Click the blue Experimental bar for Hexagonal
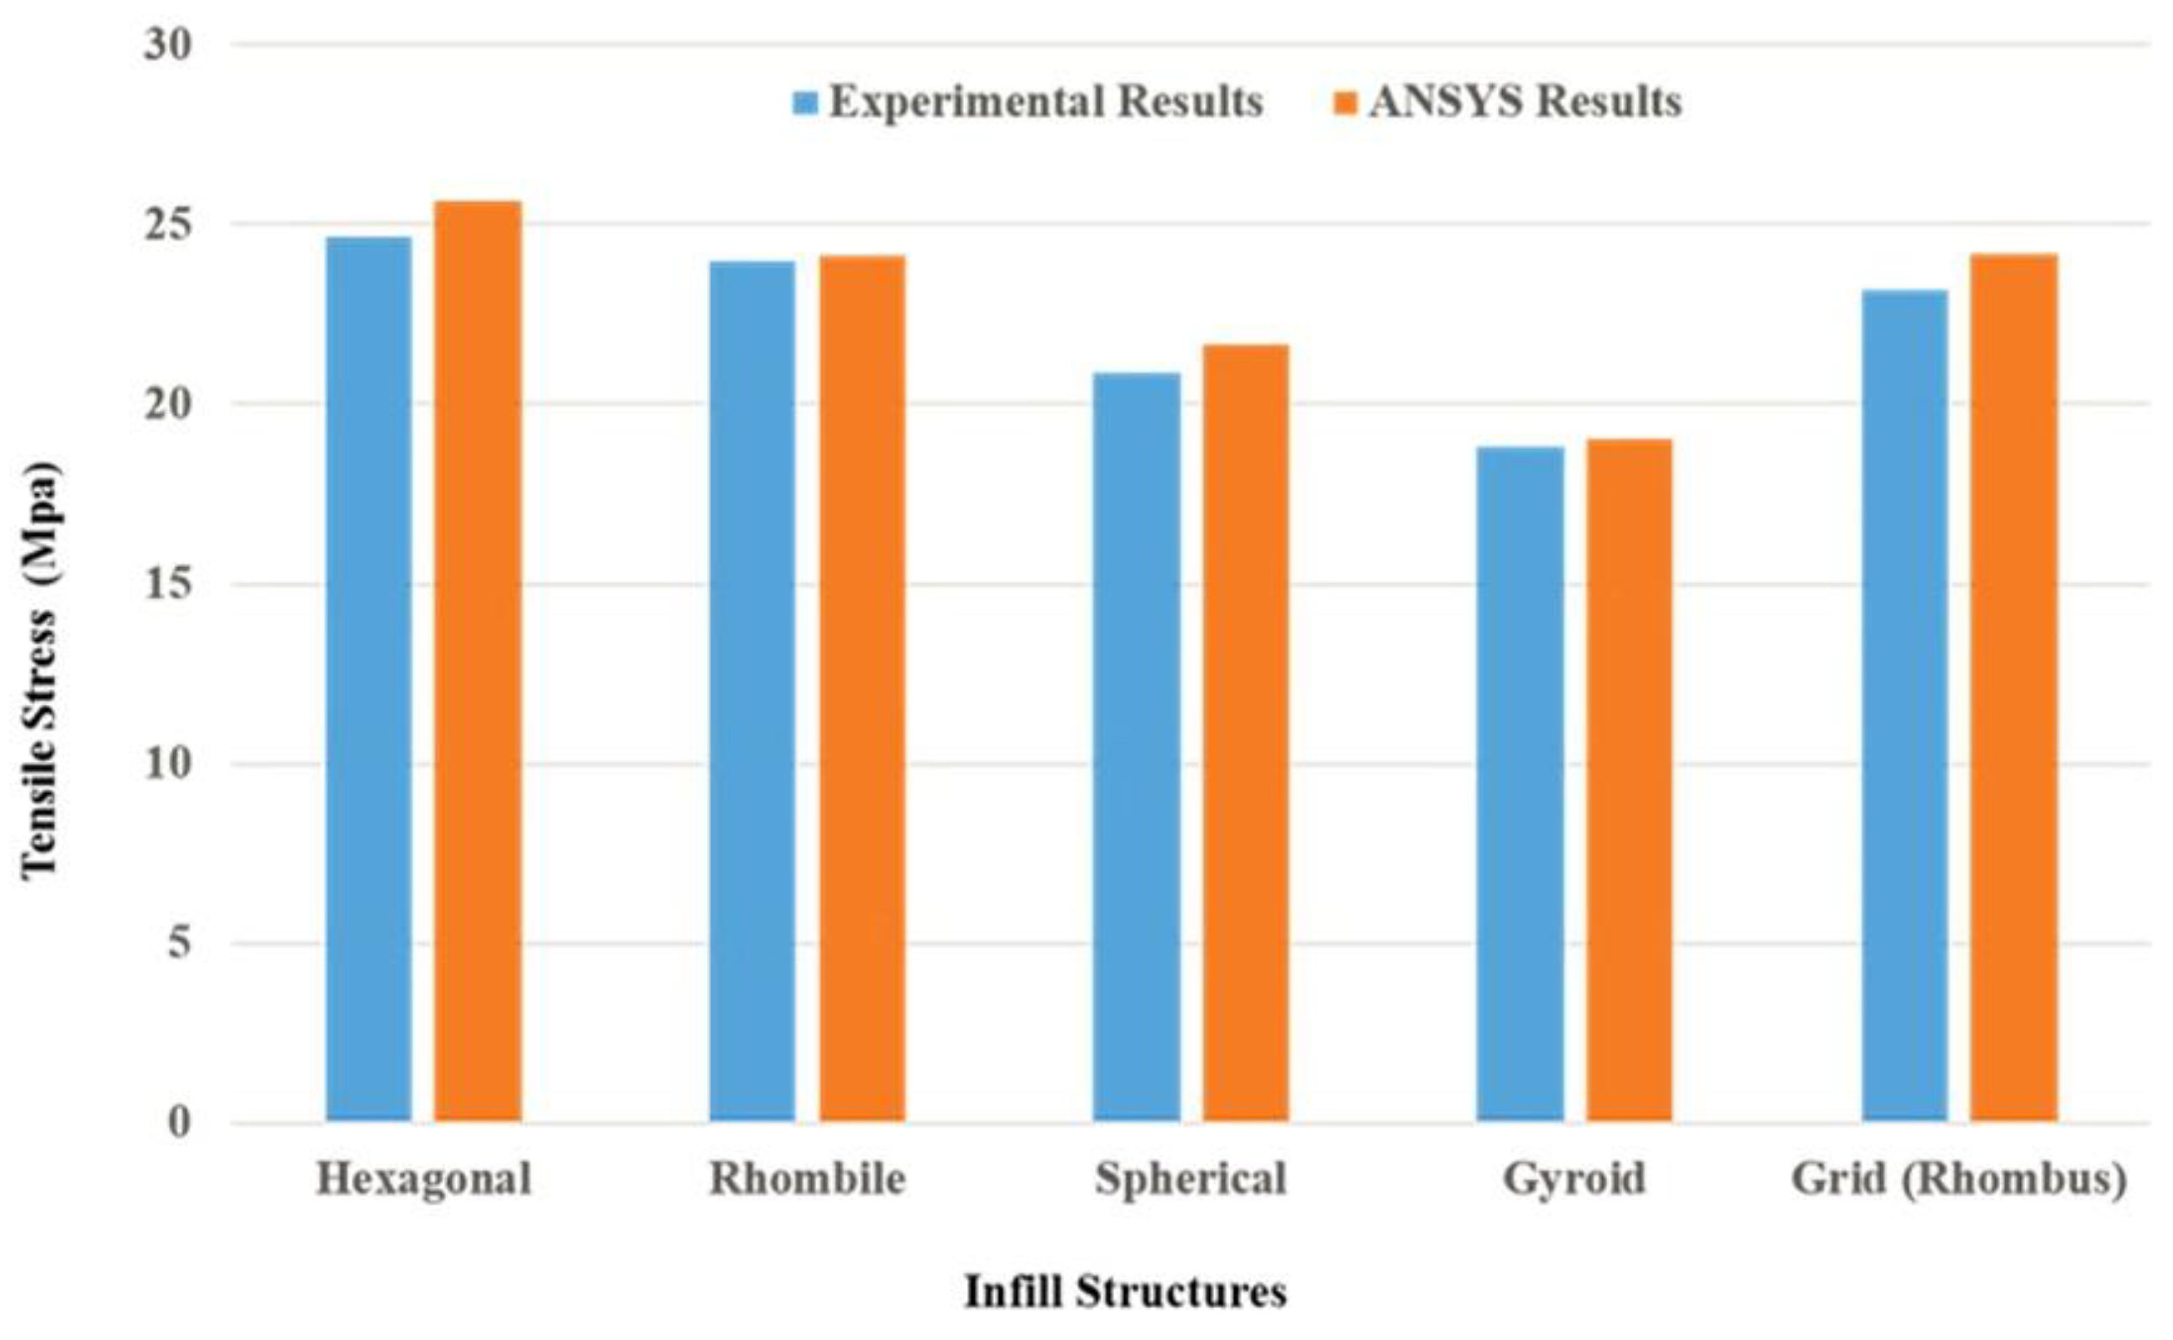(369, 679)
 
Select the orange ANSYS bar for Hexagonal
(478, 661)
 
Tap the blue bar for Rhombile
(752, 691)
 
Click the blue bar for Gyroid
(1521, 785)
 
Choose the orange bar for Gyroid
(1630, 779)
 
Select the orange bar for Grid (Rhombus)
(2013, 688)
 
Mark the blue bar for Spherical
(1137, 747)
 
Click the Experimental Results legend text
(1046, 102)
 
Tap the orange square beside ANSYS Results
(1346, 104)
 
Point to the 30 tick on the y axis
(168, 44)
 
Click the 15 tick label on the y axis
(168, 584)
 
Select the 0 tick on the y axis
(179, 1123)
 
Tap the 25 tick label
(168, 225)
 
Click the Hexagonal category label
(424, 1180)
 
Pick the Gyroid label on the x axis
(1574, 1180)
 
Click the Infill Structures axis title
(1125, 1292)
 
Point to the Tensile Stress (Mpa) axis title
(41, 670)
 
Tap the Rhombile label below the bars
(808, 1180)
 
